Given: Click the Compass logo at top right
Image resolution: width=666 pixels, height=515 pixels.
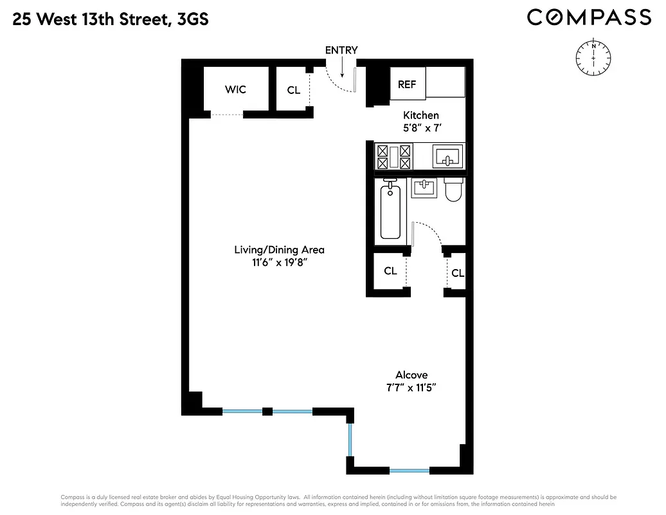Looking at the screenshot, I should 589,17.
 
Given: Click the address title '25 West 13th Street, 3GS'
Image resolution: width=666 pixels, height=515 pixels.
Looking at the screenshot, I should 110,19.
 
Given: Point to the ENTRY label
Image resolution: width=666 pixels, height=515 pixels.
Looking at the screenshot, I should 341,50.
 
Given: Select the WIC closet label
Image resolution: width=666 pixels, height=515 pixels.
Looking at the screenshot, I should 235,89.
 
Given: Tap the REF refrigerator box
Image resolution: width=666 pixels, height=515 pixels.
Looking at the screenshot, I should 407,84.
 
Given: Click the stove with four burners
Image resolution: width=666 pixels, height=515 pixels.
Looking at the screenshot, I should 393,157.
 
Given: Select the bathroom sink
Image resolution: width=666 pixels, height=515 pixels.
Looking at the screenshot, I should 424,188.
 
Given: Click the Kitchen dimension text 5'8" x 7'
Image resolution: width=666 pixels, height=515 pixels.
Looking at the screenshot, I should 421,127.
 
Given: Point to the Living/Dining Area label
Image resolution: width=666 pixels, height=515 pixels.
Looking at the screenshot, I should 279,250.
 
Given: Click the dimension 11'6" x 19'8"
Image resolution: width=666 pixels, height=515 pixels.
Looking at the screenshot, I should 279,263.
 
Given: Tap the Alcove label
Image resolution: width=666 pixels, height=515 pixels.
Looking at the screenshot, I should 411,375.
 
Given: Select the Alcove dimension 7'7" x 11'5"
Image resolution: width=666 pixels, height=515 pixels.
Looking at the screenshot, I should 411,388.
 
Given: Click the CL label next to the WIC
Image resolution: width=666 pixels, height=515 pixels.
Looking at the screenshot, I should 293,90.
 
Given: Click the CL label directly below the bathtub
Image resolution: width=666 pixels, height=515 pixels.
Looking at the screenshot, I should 390,271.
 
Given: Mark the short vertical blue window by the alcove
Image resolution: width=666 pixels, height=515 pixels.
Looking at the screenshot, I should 350,439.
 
